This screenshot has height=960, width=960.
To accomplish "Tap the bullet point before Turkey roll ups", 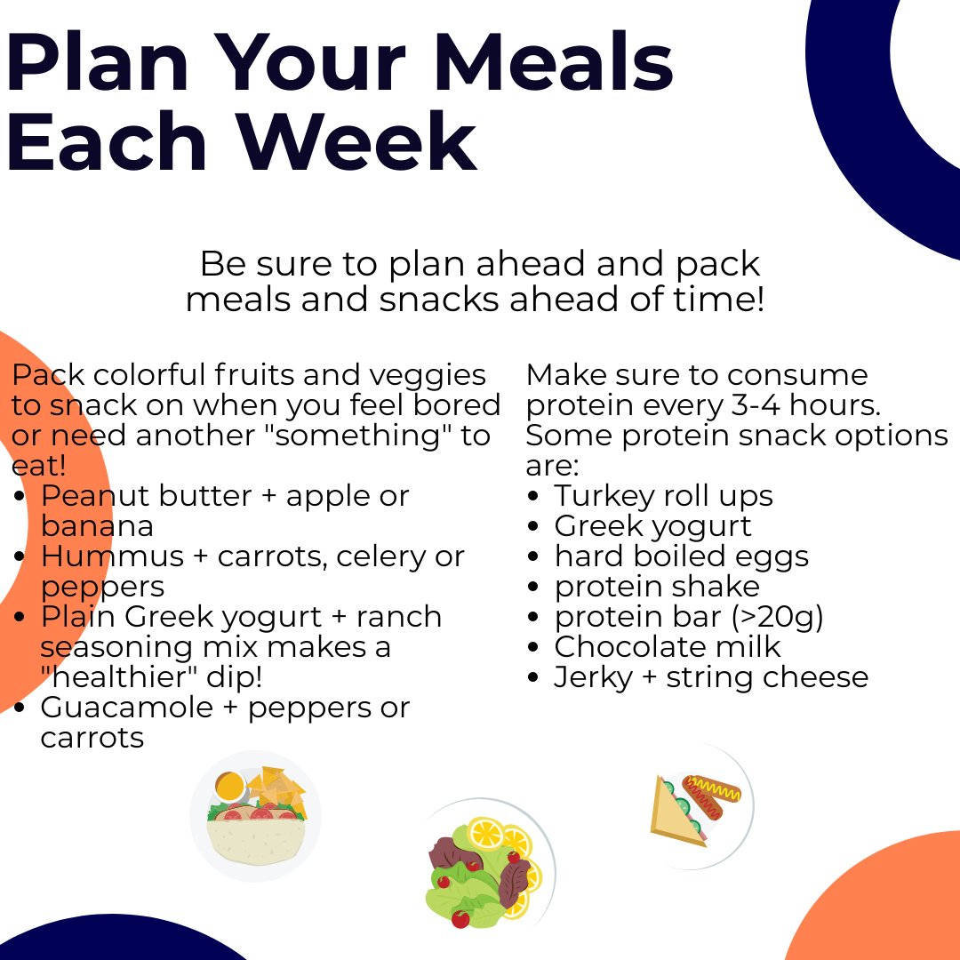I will click(533, 497).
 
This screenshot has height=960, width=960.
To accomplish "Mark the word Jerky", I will click(590, 677).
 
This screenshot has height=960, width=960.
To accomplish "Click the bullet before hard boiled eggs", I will click(533, 557).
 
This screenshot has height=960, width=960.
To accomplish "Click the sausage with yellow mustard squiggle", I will click(712, 788).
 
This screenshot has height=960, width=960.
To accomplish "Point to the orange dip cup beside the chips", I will click(229, 786).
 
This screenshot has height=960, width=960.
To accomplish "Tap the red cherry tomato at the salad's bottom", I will click(460, 917).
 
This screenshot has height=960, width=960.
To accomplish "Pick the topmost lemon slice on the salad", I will click(486, 833).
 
